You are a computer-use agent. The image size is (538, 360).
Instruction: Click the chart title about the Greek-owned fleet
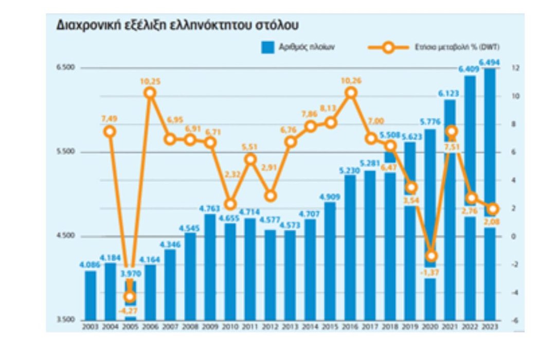click(x=177, y=25)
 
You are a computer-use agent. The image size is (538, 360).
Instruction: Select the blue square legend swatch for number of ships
click(x=266, y=47)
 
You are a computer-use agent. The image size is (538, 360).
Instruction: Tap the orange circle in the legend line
click(x=388, y=47)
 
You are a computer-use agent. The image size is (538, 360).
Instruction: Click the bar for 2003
click(x=90, y=295)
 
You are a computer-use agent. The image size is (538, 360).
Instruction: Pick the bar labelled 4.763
click(x=210, y=267)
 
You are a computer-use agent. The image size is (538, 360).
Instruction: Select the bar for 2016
click(x=350, y=247)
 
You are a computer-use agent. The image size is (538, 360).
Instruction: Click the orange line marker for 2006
click(x=150, y=93)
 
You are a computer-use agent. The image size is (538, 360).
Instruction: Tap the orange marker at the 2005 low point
click(x=130, y=296)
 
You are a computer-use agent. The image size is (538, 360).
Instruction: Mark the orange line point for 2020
click(x=431, y=256)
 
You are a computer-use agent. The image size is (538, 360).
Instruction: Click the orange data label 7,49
click(x=110, y=119)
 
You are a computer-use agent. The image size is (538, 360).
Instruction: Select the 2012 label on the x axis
click(x=270, y=327)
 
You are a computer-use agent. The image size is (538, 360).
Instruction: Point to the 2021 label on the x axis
click(x=451, y=327)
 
